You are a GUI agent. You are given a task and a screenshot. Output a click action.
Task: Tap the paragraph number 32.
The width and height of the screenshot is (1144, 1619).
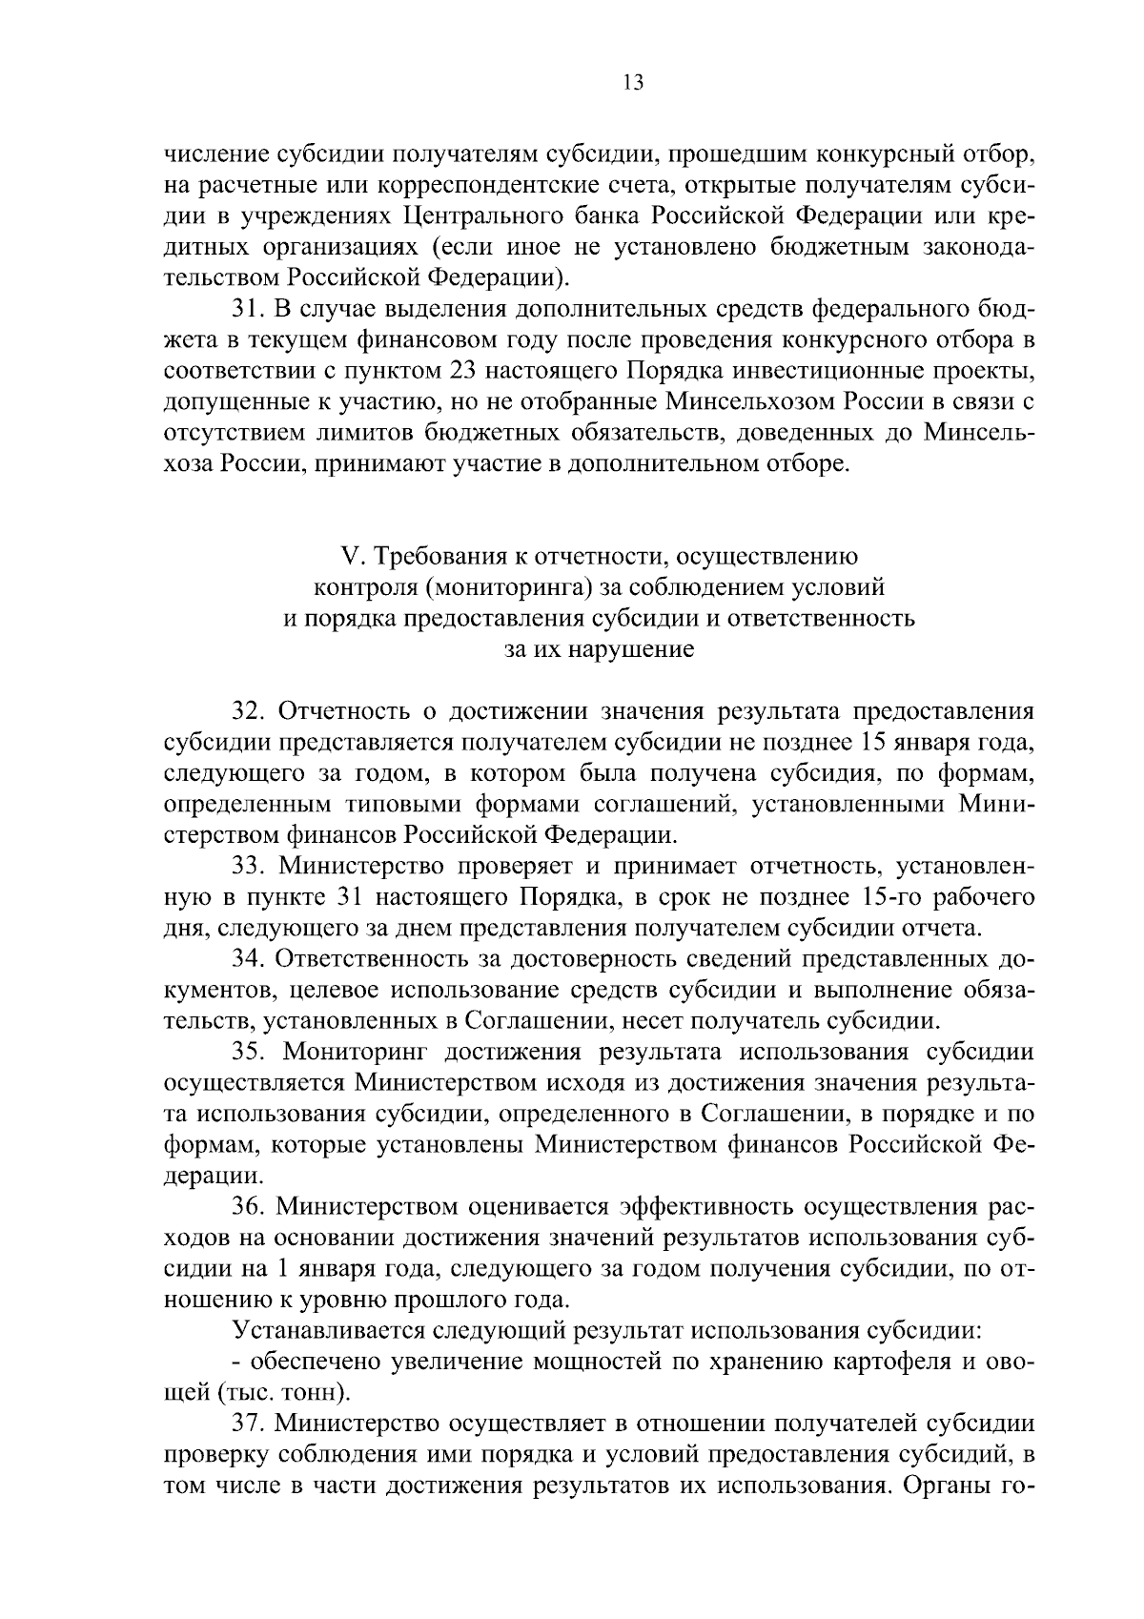click(x=251, y=711)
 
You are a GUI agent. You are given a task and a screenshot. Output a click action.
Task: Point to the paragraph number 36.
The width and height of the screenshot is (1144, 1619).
click(x=251, y=1206)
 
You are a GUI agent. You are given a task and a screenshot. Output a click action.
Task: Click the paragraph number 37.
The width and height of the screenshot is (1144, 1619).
click(x=251, y=1424)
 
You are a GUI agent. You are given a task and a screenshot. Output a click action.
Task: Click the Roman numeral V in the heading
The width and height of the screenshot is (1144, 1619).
click(x=348, y=556)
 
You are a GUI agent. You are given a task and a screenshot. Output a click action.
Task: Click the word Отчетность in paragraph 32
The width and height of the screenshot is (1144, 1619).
click(x=340, y=711)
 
